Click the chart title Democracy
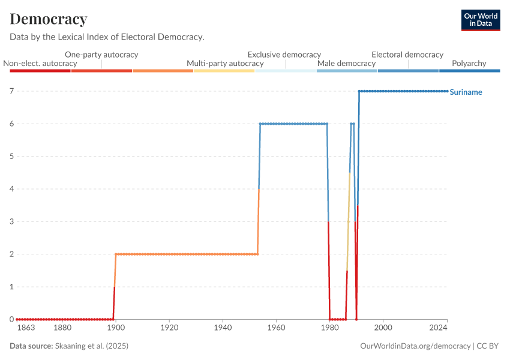click(x=49, y=19)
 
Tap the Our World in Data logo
click(x=480, y=20)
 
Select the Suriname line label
click(x=466, y=92)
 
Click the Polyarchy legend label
click(x=469, y=63)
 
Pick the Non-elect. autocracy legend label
click(x=40, y=63)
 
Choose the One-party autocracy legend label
click(x=101, y=55)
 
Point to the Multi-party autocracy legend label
click(x=225, y=63)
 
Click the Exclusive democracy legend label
click(x=284, y=55)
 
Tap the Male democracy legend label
click(x=346, y=63)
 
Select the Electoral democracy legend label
click(x=407, y=55)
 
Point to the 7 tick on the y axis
click(x=11, y=91)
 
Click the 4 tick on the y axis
click(x=11, y=189)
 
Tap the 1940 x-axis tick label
click(x=223, y=328)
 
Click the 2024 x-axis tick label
click(x=439, y=328)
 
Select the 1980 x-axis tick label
click(x=329, y=328)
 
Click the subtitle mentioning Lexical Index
click(x=107, y=37)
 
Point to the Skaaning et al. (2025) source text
click(x=91, y=346)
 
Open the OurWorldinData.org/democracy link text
click(x=415, y=346)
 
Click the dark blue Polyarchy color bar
click(x=470, y=71)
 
